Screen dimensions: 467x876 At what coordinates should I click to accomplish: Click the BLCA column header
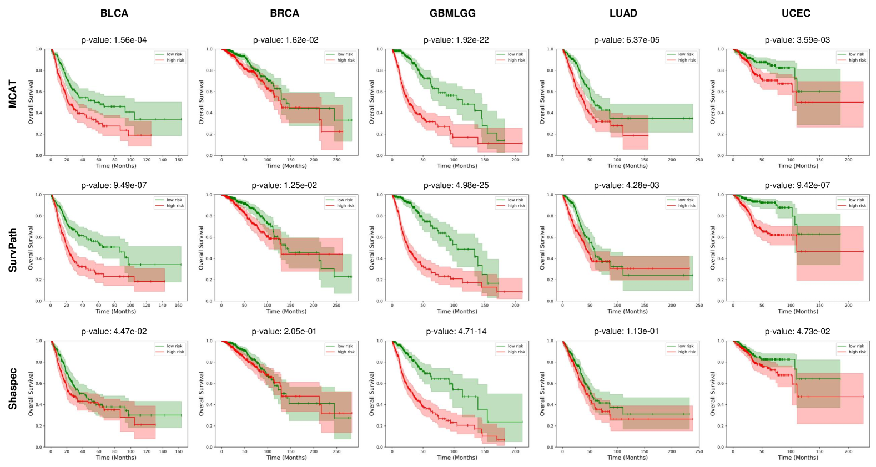tap(114, 13)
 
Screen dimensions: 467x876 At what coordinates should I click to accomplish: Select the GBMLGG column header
tap(452, 13)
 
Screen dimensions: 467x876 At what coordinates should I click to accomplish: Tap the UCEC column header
tap(796, 13)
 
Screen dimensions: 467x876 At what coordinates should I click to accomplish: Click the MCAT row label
tap(13, 94)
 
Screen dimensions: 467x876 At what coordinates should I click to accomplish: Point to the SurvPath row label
tap(13, 250)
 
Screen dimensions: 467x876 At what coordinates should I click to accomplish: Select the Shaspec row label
tap(13, 389)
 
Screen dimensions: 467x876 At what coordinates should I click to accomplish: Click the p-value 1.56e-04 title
tap(114, 40)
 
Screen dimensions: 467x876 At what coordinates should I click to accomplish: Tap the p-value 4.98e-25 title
tap(456, 185)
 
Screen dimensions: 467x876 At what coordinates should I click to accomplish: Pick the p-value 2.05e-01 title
tap(284, 331)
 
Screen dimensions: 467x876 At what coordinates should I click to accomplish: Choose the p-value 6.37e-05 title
tap(627, 40)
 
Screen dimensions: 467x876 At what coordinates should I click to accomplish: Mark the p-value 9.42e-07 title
tap(797, 185)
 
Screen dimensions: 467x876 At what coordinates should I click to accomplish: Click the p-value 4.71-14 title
tap(456, 331)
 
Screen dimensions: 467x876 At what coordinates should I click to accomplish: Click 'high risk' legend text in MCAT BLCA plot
tap(175, 60)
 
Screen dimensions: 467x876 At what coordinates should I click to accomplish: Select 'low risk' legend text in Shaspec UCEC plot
tap(857, 346)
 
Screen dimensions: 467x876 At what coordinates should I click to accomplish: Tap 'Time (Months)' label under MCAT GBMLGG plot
tap(457, 166)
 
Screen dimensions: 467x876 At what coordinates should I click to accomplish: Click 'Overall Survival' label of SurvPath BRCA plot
tap(202, 248)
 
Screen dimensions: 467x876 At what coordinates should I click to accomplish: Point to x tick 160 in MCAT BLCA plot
tap(179, 160)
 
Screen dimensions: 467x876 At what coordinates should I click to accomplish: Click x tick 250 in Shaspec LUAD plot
tap(699, 451)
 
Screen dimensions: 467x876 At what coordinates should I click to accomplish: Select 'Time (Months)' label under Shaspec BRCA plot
tap(286, 458)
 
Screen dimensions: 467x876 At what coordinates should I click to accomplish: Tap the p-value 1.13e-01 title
tap(626, 331)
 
